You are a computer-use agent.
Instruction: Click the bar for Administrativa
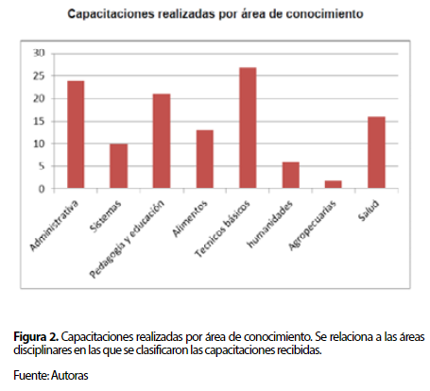click(76, 135)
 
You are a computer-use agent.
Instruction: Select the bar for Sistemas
click(119, 166)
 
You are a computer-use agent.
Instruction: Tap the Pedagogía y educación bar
click(162, 141)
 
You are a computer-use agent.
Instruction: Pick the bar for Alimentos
click(205, 160)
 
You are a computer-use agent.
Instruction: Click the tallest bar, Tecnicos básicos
click(248, 128)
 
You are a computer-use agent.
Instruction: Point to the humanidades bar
click(291, 176)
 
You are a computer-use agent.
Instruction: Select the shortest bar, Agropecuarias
click(334, 184)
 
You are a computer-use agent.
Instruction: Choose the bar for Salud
click(376, 153)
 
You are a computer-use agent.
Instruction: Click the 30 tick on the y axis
click(39, 53)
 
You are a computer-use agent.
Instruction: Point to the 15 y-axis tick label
click(39, 121)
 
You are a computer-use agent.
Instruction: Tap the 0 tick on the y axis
click(42, 189)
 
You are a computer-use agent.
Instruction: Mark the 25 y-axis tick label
click(39, 76)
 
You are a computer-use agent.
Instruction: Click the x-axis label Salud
click(369, 211)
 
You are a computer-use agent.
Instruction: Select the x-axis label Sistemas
click(105, 216)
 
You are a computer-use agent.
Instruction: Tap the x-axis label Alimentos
click(190, 218)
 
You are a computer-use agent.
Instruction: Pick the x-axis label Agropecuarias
click(312, 226)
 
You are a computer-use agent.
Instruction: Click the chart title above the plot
click(215, 14)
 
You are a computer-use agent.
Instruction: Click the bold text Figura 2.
click(36, 337)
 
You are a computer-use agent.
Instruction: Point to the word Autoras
click(70, 375)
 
